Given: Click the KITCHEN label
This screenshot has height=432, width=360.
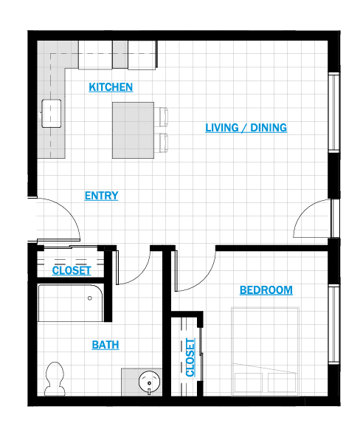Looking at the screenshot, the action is [111, 87].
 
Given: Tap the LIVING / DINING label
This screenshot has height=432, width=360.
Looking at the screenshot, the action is [246, 128].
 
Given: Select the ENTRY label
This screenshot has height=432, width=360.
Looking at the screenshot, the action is [101, 196].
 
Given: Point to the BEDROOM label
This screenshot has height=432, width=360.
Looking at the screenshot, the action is [266, 290].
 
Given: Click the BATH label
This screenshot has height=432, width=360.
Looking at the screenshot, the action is [105, 345].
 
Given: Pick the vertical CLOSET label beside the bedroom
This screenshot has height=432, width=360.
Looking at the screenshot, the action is [190, 357].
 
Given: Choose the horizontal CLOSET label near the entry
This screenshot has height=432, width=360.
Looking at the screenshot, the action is [72, 270].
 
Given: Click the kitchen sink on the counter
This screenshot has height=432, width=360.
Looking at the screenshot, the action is [52, 114].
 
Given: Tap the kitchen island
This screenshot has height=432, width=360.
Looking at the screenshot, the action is [133, 130].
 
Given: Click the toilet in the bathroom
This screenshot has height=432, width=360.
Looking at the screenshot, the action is [55, 379].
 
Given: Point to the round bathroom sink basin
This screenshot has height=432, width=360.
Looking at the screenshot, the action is [149, 383].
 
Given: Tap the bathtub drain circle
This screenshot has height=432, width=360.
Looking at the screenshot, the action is [90, 298].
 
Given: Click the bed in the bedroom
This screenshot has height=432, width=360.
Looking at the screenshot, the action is [265, 352].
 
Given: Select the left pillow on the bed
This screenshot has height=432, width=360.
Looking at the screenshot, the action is [249, 384].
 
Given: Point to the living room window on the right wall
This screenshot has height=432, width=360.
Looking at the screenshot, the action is [334, 112].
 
